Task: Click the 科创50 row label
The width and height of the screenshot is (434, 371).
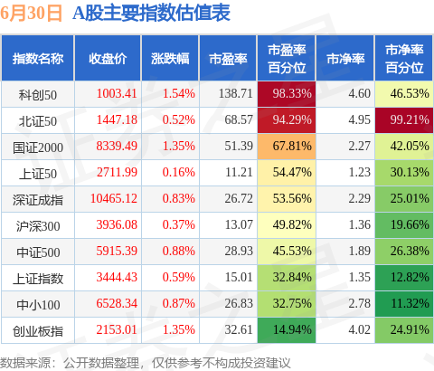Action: click(x=38, y=95)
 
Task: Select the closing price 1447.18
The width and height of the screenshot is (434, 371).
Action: click(x=117, y=119)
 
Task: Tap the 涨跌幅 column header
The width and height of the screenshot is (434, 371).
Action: click(x=170, y=59)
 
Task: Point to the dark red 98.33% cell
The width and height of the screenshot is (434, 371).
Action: click(x=287, y=94)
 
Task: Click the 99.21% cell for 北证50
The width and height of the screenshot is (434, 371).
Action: click(x=404, y=120)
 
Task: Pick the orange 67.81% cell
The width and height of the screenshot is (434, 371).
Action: click(x=287, y=147)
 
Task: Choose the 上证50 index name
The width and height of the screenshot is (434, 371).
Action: click(x=38, y=174)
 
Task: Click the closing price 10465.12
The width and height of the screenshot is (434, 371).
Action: click(x=114, y=198)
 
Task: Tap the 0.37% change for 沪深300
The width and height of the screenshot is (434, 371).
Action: click(x=179, y=224)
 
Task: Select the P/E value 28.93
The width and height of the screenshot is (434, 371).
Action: click(x=239, y=251)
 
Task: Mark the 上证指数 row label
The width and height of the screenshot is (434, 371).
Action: click(x=38, y=279)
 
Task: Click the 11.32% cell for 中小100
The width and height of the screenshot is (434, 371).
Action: click(x=404, y=304)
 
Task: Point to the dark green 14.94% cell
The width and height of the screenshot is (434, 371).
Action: click(x=287, y=330)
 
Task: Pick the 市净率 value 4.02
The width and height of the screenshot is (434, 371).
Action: click(x=359, y=329)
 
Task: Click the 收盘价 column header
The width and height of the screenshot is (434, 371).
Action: click(x=108, y=59)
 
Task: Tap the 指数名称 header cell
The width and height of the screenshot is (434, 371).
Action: click(x=38, y=59)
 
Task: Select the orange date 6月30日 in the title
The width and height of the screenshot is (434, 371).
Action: click(x=31, y=13)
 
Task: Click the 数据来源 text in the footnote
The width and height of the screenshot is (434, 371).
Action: click(x=25, y=363)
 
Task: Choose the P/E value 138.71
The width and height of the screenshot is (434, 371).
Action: click(x=235, y=93)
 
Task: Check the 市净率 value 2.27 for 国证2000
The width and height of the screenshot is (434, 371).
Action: click(x=359, y=146)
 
